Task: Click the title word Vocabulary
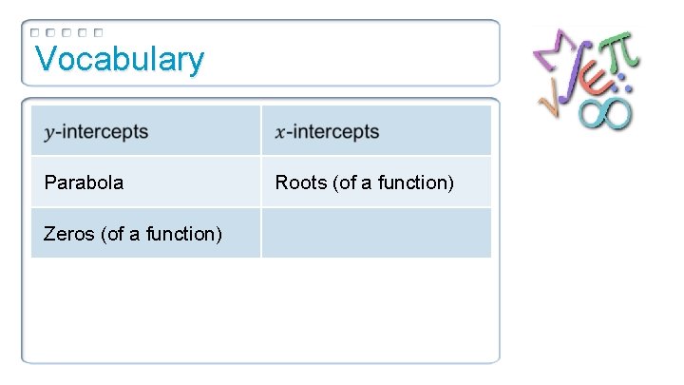[x=119, y=59]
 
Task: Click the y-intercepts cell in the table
[x=145, y=131]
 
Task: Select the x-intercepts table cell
[x=376, y=131]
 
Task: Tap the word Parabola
[x=84, y=183]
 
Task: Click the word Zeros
[x=67, y=233]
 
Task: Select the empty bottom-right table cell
[x=376, y=233]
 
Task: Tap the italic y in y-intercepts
[x=48, y=133]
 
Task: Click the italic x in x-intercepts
[x=279, y=132]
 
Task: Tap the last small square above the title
[x=98, y=32]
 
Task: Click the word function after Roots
[x=415, y=183]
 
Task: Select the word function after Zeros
[x=184, y=233]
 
